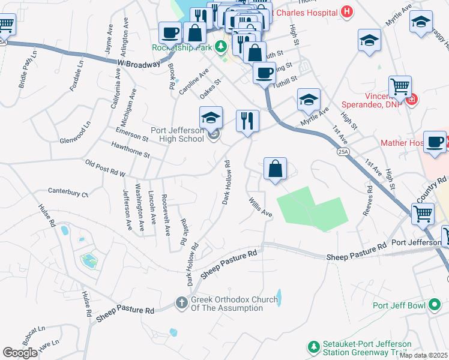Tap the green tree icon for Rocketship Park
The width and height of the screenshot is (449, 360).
pyautogui.click(x=221, y=46)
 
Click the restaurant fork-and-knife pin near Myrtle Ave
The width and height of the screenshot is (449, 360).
pyautogui.click(x=247, y=121)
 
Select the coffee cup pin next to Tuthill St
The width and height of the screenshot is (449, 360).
pyautogui.click(x=264, y=74)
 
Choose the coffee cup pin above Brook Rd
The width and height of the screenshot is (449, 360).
pyautogui.click(x=170, y=32)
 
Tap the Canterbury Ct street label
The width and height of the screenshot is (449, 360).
pyautogui.click(x=68, y=194)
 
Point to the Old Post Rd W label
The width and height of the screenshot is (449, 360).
pyautogui.click(x=105, y=167)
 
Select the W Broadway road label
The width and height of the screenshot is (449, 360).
pyautogui.click(x=139, y=63)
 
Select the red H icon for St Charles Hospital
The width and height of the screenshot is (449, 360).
pyautogui.click(x=346, y=11)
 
